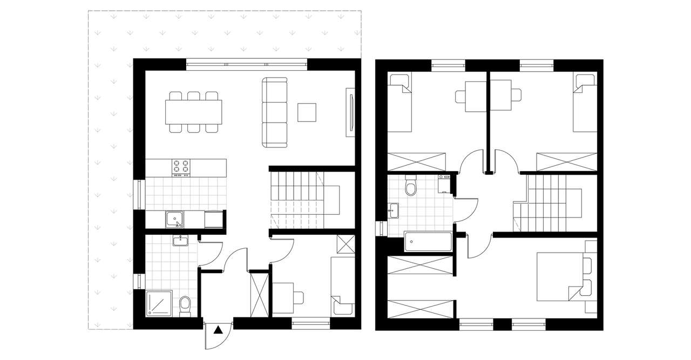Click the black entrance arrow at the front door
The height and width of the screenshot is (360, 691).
coord(218,330)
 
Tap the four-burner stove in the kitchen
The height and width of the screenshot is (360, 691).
coord(181,167)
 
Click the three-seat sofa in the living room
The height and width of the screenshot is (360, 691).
coord(275,112)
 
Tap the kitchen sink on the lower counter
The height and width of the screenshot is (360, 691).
coord(174,219)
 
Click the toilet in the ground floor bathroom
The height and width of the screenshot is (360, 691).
coord(185,305)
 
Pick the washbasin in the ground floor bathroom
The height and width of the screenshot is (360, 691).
coord(180,241)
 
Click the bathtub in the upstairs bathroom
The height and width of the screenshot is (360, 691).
coord(427,241)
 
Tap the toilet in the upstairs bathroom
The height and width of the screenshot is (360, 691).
coord(411,187)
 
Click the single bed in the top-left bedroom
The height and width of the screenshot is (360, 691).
coord(400,103)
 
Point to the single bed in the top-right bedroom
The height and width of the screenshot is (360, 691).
coord(585,103)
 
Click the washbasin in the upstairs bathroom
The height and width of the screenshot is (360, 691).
coord(395,210)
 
